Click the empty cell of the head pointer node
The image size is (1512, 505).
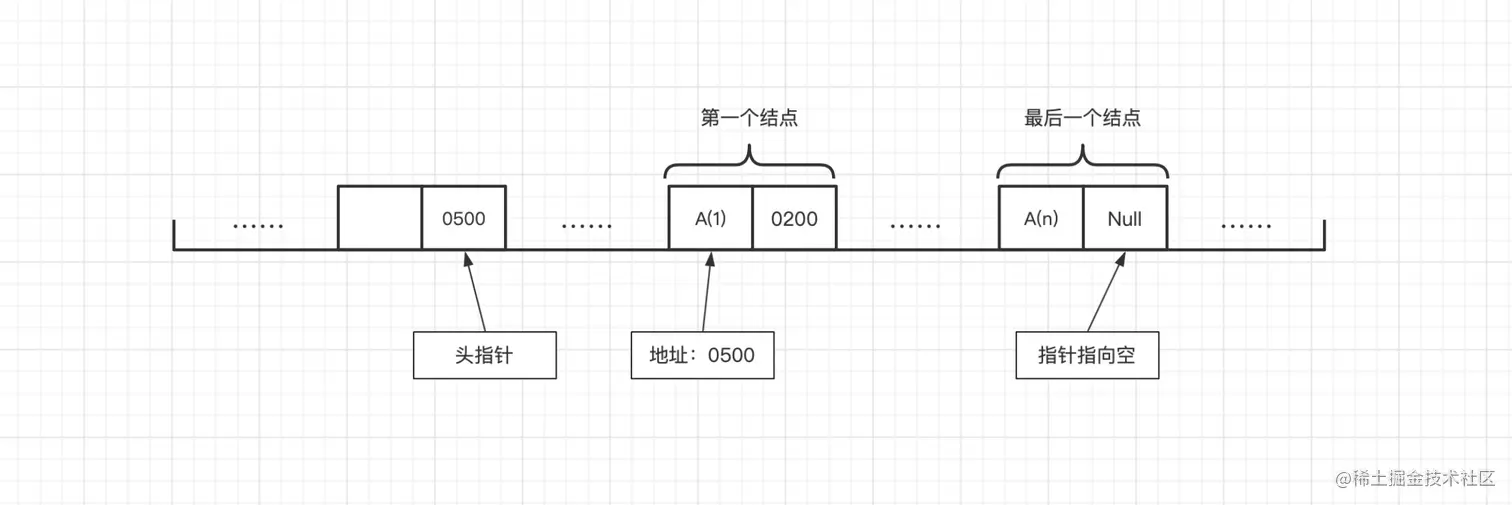click(x=380, y=217)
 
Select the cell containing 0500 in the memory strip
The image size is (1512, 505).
click(x=463, y=217)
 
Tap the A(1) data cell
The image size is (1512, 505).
click(x=710, y=217)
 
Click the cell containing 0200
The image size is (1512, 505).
click(x=793, y=217)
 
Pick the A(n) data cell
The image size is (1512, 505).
click(x=1041, y=217)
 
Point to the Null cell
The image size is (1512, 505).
click(x=1124, y=217)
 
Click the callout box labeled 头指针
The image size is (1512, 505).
click(x=484, y=355)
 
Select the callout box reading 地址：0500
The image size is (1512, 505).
click(x=702, y=355)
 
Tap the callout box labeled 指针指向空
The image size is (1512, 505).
click(x=1087, y=355)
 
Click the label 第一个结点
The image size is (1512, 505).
click(x=749, y=118)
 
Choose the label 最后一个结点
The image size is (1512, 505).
click(x=1082, y=118)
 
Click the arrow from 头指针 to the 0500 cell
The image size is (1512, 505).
click(x=475, y=292)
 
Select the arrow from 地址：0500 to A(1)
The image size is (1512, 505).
click(x=707, y=292)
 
